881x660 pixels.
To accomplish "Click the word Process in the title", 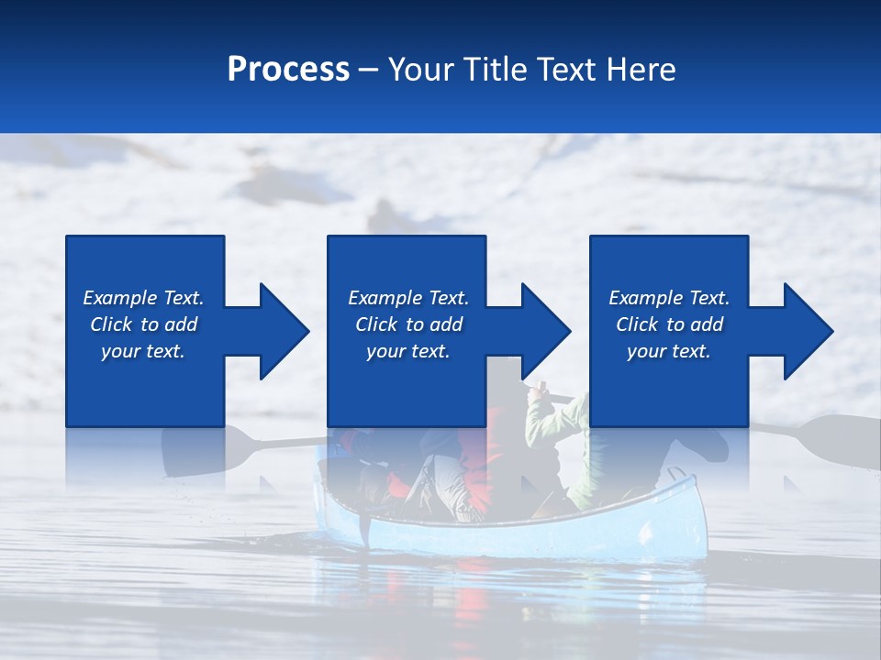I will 288,70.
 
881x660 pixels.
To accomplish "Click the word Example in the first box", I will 119,298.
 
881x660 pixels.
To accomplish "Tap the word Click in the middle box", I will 376,324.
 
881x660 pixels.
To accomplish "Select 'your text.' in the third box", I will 668,351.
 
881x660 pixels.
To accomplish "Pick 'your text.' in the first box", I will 142,351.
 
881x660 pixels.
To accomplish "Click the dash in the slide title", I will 369,70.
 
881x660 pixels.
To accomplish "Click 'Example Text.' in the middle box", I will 408,298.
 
